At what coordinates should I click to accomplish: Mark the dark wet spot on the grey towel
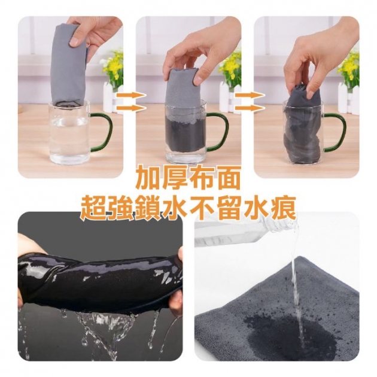[x=281, y=326]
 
